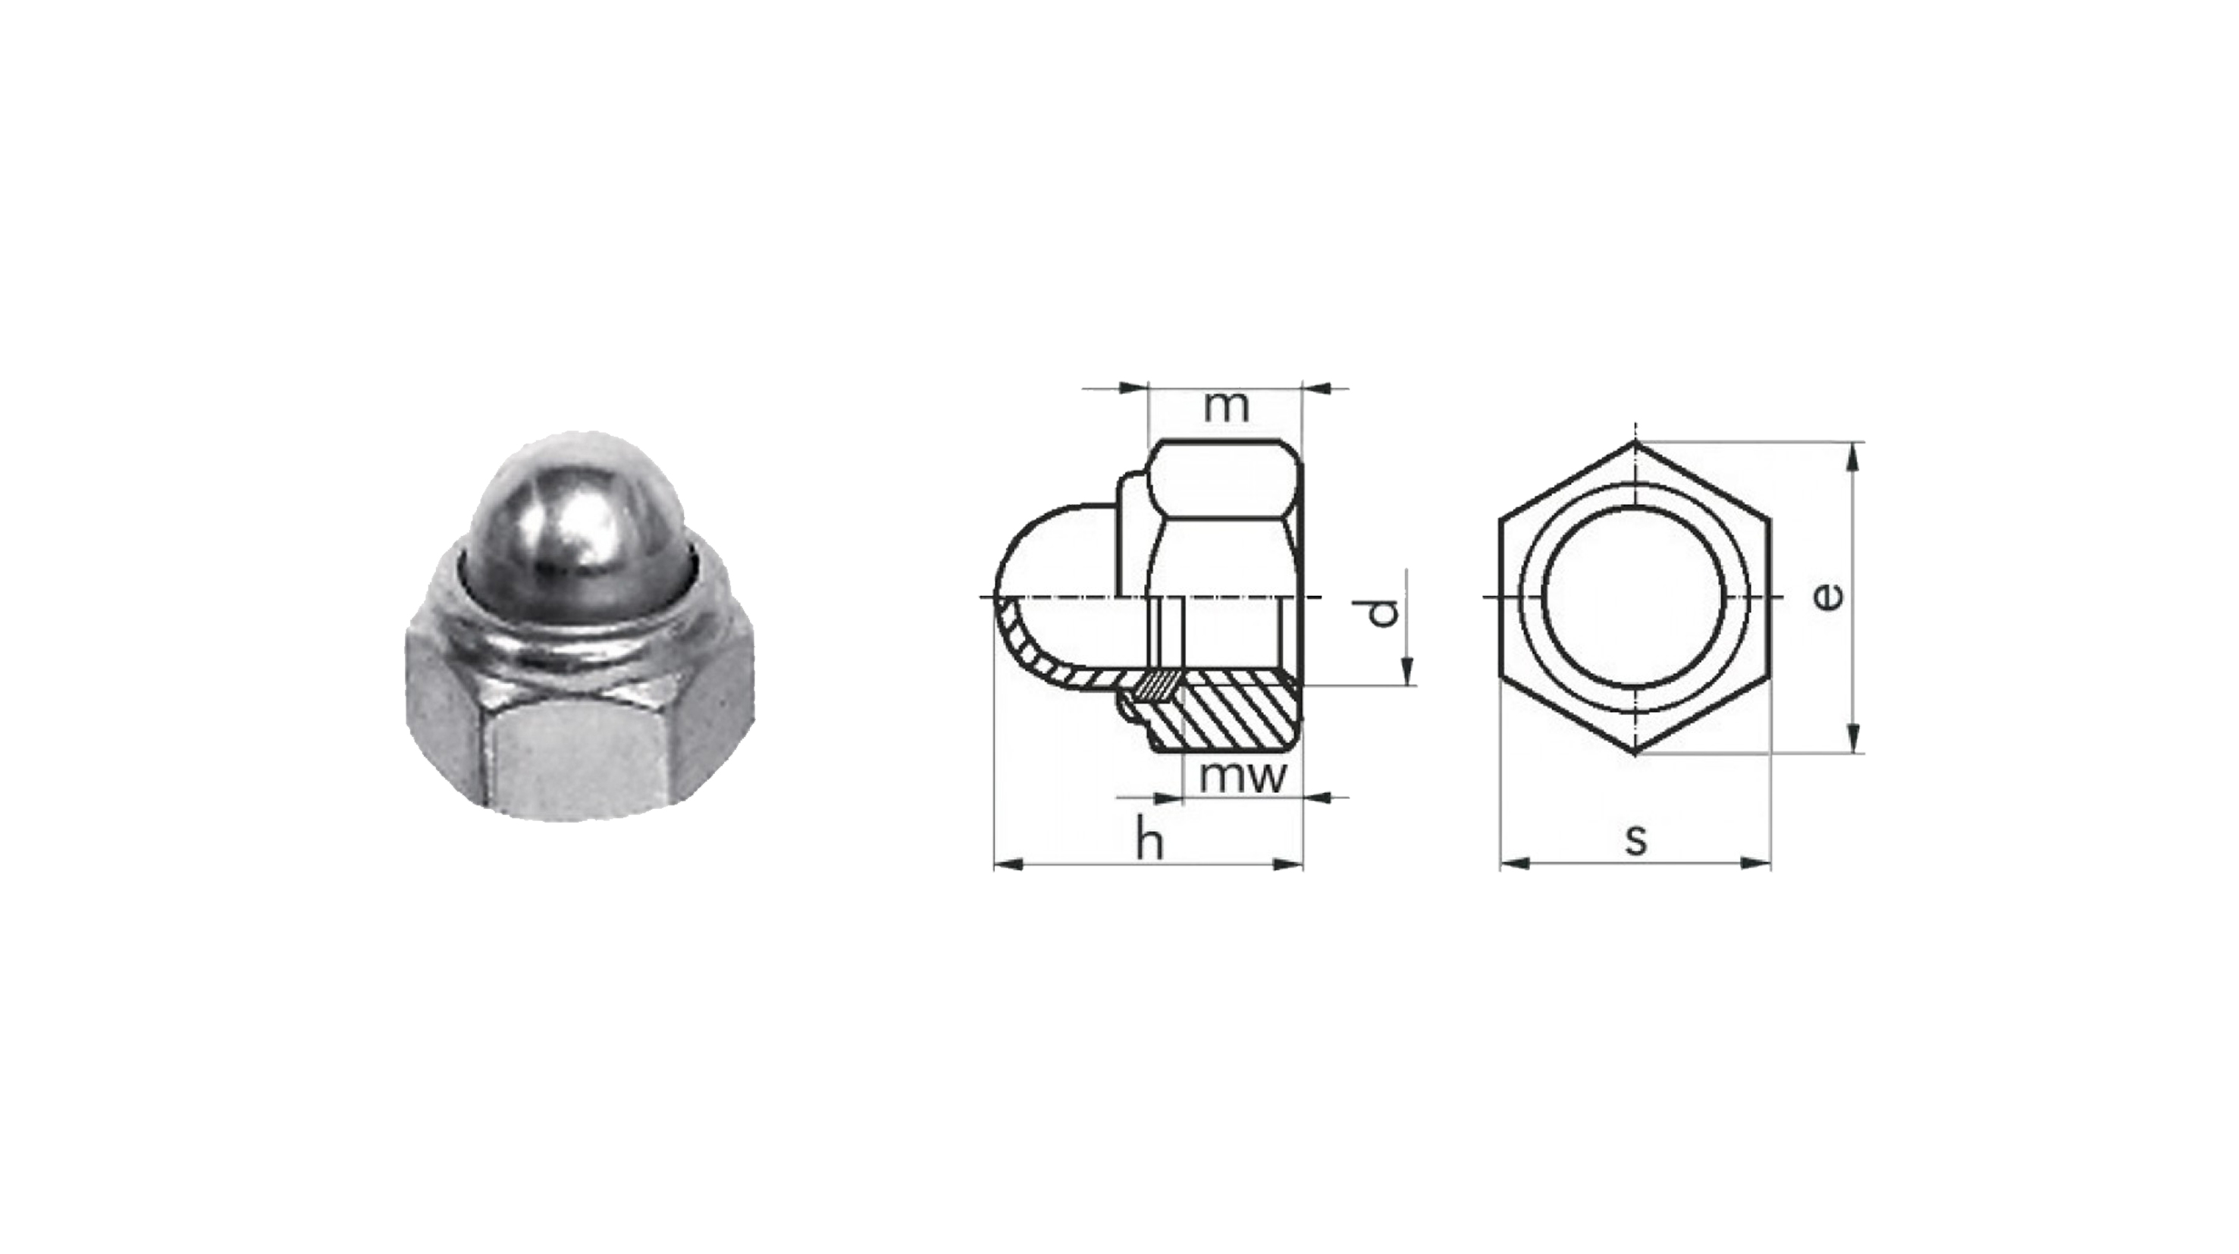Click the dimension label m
point(1228,408)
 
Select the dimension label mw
point(1241,777)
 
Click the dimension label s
point(1635,839)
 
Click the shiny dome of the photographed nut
point(576,522)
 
